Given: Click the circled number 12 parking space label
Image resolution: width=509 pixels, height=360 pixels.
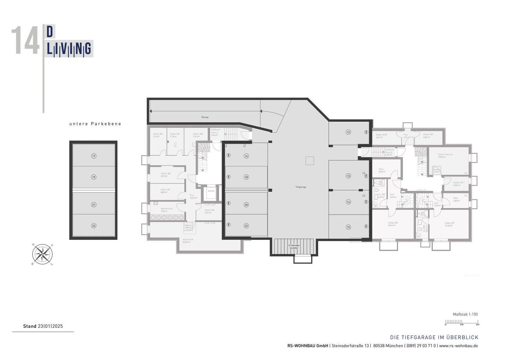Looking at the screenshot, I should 348,132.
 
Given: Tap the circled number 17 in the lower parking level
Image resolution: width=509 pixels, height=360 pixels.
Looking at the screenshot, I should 94,156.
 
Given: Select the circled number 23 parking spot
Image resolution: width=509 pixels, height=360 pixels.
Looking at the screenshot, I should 94,226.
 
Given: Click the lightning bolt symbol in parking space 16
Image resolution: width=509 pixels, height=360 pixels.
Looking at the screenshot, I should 229,155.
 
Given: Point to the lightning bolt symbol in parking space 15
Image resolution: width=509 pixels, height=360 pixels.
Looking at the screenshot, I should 366,227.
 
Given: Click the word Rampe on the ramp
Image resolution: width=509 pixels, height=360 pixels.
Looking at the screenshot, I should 205,117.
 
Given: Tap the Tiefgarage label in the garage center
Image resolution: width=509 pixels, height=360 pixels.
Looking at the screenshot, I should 301,187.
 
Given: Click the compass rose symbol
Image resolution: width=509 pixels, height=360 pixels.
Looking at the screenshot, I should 42,254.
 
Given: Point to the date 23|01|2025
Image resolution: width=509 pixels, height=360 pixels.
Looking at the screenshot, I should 50,326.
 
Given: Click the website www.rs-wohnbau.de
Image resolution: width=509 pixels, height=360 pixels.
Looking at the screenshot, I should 458,346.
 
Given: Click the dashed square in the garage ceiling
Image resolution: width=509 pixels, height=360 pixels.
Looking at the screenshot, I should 310,161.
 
